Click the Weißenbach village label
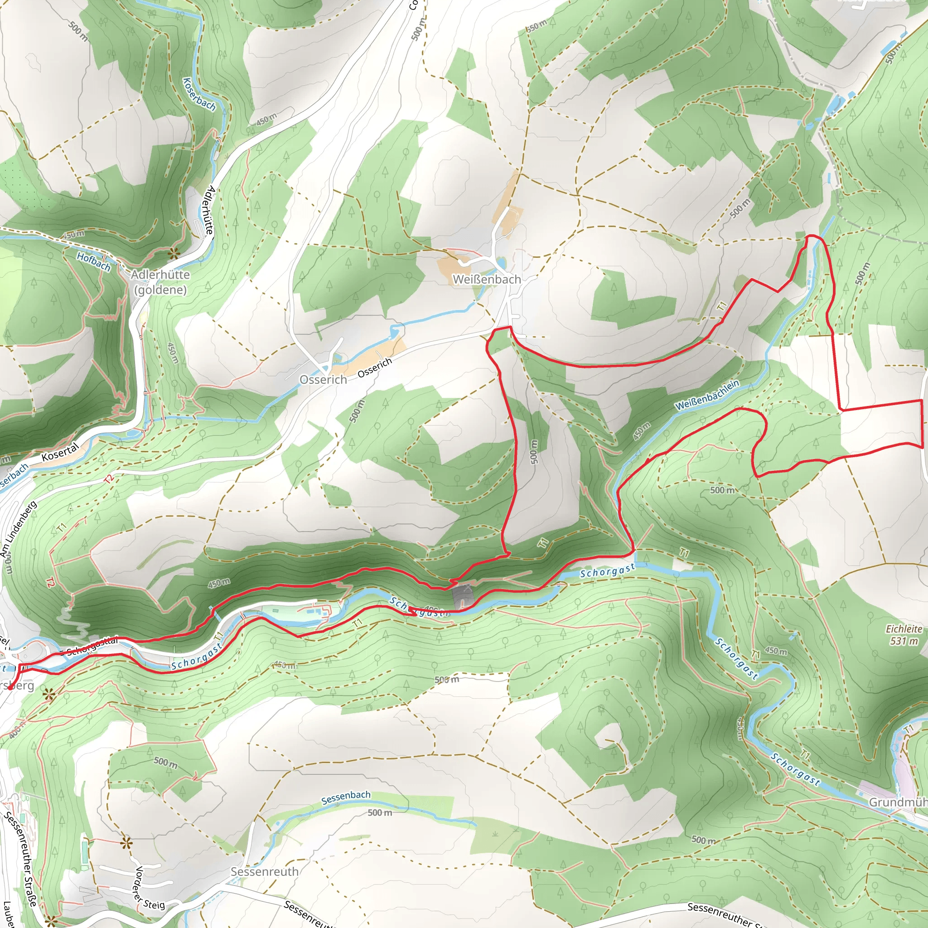487,279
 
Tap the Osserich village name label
323,379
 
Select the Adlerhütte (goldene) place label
160,282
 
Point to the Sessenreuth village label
265,871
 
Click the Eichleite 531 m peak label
904,634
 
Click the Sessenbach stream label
346,797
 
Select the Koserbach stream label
199,94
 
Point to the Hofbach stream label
94,261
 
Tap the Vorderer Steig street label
148,888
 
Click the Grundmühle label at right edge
897,802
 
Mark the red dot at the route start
10,688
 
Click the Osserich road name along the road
375,368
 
